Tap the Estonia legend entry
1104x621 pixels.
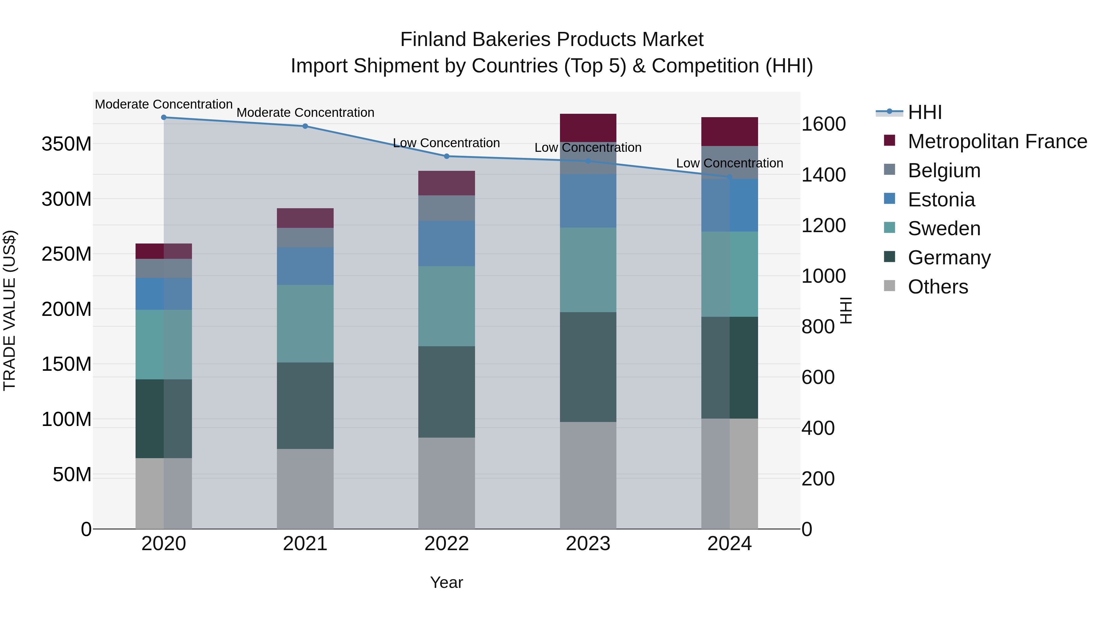[x=941, y=200]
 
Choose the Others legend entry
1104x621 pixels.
[x=938, y=287]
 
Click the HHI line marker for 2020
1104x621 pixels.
[x=164, y=117]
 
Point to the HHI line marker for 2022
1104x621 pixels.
[x=447, y=156]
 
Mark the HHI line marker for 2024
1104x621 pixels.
[x=730, y=177]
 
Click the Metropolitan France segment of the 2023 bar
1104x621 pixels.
[x=588, y=128]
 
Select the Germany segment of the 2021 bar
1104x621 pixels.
[x=305, y=405]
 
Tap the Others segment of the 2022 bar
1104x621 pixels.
[x=447, y=483]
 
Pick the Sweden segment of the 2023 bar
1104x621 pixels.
[x=588, y=270]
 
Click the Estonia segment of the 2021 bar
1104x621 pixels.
[x=305, y=266]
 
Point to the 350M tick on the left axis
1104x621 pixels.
[x=67, y=144]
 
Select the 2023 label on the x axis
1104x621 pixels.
[x=588, y=544]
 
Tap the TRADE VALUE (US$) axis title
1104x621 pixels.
[x=10, y=310]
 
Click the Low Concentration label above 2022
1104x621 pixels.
[x=447, y=143]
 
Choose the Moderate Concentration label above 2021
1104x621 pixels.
[x=305, y=113]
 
